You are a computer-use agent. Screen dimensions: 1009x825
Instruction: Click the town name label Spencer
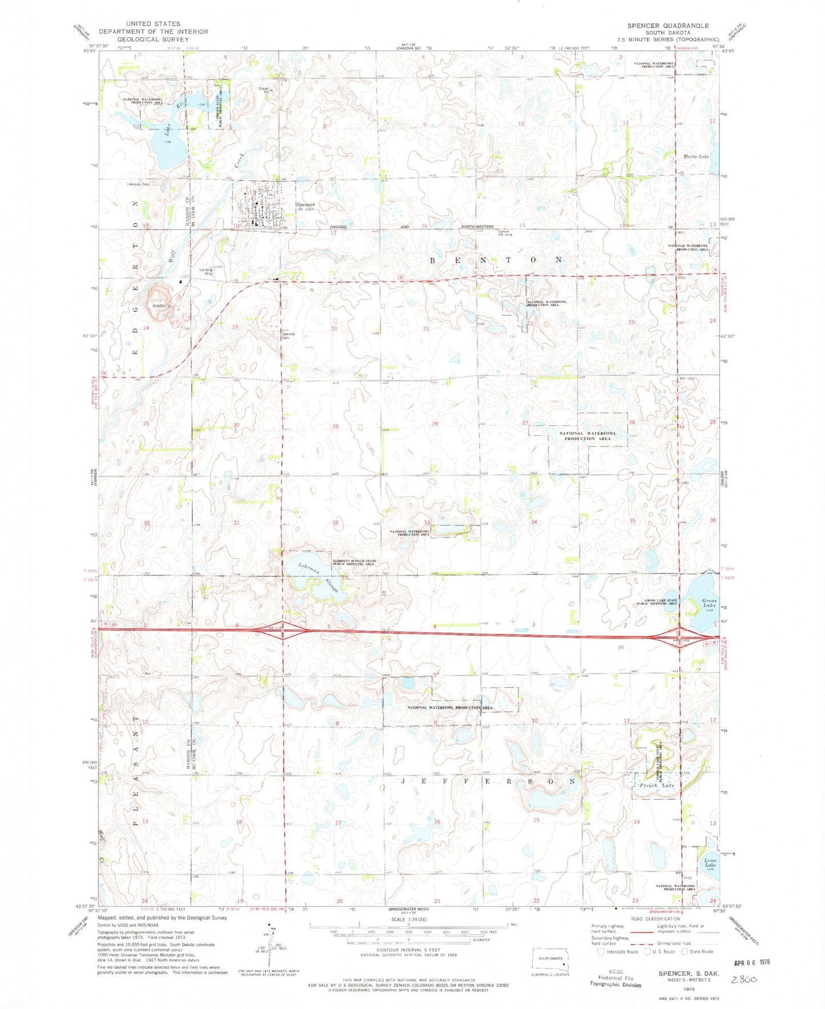point(305,204)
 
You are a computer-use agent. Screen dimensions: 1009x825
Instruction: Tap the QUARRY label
point(158,305)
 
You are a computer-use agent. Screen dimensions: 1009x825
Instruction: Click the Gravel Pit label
point(264,90)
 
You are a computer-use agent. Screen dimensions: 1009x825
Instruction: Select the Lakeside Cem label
point(138,184)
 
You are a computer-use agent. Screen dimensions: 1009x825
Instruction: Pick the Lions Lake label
point(710,863)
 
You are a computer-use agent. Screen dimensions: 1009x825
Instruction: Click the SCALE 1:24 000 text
point(408,919)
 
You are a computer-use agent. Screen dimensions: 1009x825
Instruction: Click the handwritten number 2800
point(744,979)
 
